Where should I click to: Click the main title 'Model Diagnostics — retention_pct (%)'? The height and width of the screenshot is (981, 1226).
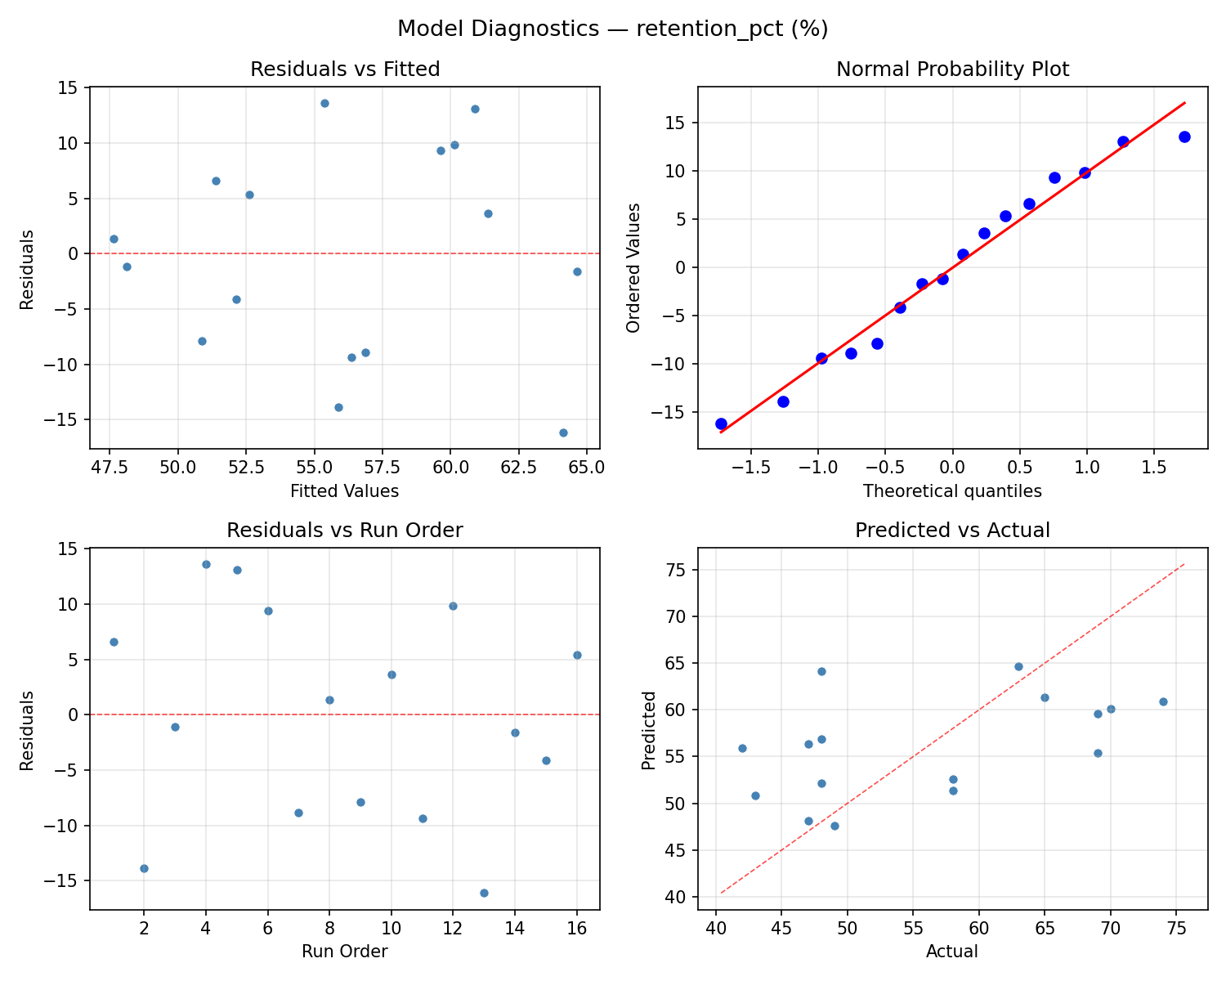[x=612, y=29]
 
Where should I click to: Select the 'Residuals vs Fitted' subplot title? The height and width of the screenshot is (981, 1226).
[x=345, y=69]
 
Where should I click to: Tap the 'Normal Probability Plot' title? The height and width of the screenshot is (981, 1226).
[x=952, y=69]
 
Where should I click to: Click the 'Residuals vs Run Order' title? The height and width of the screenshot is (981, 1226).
[x=345, y=531]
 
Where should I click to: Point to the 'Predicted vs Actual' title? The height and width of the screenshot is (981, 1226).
[x=952, y=531]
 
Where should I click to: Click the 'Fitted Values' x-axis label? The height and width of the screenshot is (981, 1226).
[x=345, y=491]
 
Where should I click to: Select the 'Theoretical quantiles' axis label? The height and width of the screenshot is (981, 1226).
[x=952, y=491]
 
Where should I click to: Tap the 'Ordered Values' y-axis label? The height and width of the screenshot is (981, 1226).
[x=633, y=268]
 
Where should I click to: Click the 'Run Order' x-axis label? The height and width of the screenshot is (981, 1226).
[x=345, y=952]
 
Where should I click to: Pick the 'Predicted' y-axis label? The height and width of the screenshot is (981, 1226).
[x=649, y=730]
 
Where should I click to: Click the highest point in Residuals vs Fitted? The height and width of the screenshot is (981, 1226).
[x=324, y=103]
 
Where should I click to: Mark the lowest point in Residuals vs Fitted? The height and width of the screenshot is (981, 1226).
[x=563, y=432]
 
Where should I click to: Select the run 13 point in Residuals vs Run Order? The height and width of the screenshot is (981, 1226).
[x=484, y=893]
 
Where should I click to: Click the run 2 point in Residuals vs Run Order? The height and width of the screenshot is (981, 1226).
[x=144, y=868]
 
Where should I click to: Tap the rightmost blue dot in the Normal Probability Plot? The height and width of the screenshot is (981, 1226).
[x=1184, y=137]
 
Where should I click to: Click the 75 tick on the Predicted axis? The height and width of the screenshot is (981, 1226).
[x=677, y=570]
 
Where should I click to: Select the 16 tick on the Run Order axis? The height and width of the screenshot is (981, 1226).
[x=577, y=928]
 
